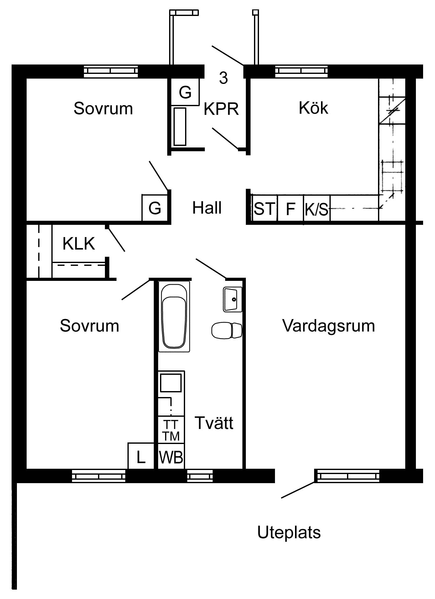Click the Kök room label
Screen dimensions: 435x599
[313, 108]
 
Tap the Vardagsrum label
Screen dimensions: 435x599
[329, 326]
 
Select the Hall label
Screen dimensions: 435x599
[207, 208]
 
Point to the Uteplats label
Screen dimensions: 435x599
[289, 533]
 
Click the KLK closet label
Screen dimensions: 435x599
[79, 243]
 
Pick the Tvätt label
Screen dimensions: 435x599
[214, 423]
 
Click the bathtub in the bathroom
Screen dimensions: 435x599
[174, 316]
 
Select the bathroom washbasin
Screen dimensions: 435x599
[233, 299]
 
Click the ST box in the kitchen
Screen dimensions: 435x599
[265, 208]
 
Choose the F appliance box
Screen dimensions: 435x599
[291, 208]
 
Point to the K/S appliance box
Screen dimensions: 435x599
[317, 208]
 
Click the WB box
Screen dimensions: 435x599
[171, 457]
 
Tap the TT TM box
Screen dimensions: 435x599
[171, 430]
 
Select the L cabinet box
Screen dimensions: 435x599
[141, 456]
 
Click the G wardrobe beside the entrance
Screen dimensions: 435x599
[185, 92]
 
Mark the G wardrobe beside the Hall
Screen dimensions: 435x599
[155, 208]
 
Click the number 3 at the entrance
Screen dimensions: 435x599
[223, 78]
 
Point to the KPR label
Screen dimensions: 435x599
[221, 109]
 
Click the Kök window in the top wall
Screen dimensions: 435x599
[302, 71]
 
